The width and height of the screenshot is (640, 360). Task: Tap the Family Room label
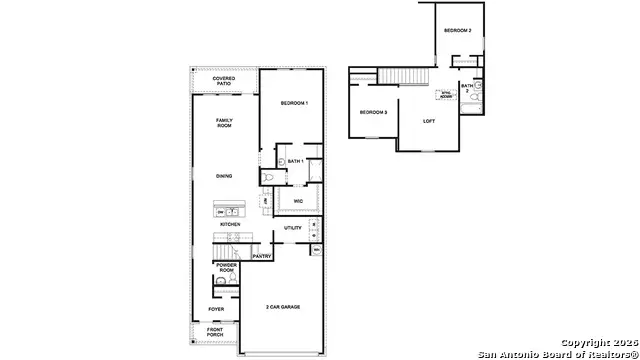pyautogui.click(x=224, y=123)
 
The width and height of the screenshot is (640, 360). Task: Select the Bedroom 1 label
pyautogui.click(x=294, y=104)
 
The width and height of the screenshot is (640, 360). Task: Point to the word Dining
pyautogui.click(x=224, y=176)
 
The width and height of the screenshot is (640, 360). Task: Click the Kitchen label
pyautogui.click(x=230, y=224)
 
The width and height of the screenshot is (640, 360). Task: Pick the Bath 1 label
pyautogui.click(x=295, y=161)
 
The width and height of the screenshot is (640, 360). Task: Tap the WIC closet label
pyautogui.click(x=298, y=202)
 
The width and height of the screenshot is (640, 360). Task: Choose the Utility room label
pyautogui.click(x=293, y=228)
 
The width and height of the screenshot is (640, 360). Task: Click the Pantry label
pyautogui.click(x=262, y=256)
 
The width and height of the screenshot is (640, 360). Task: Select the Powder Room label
pyautogui.click(x=226, y=267)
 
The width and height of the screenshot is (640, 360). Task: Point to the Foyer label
pyautogui.click(x=216, y=309)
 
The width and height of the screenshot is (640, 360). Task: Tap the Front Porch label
pyautogui.click(x=216, y=333)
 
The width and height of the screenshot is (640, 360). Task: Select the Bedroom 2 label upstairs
pyautogui.click(x=458, y=31)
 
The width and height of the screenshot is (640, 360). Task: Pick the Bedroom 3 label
pyautogui.click(x=373, y=111)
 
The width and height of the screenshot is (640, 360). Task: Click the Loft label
pyautogui.click(x=429, y=121)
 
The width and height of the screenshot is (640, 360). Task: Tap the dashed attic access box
pyautogui.click(x=445, y=96)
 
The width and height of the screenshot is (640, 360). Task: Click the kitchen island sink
pyautogui.click(x=229, y=212)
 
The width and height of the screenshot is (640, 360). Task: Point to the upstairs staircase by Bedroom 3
pyautogui.click(x=407, y=78)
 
